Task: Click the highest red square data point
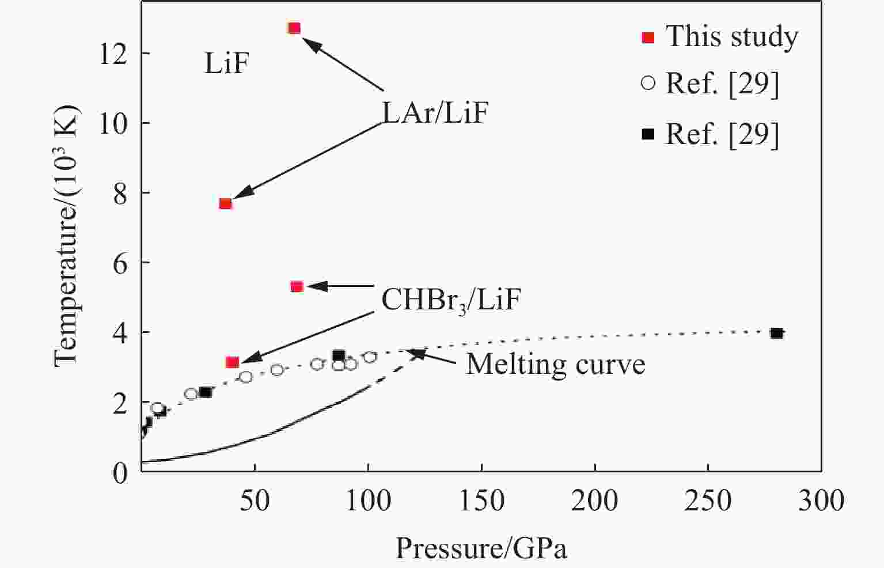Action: [x=294, y=28]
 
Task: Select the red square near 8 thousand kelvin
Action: [x=225, y=203]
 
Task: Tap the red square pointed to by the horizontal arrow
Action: [x=297, y=286]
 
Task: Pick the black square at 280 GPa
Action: [x=776, y=333]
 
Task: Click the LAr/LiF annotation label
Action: [x=435, y=113]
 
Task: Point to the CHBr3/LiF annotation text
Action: [x=451, y=300]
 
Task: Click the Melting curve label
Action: [x=555, y=365]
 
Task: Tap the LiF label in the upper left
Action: [x=226, y=63]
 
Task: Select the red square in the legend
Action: [x=648, y=37]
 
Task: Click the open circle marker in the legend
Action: [x=648, y=84]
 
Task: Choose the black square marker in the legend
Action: [x=648, y=134]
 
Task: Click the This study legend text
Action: [x=732, y=36]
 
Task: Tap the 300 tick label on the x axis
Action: [x=821, y=501]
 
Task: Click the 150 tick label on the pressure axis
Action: [x=481, y=501]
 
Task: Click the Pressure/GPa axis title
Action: [x=481, y=548]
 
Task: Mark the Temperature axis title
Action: [x=66, y=236]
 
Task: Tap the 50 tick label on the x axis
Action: [x=255, y=501]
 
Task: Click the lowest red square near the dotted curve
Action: [x=232, y=362]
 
